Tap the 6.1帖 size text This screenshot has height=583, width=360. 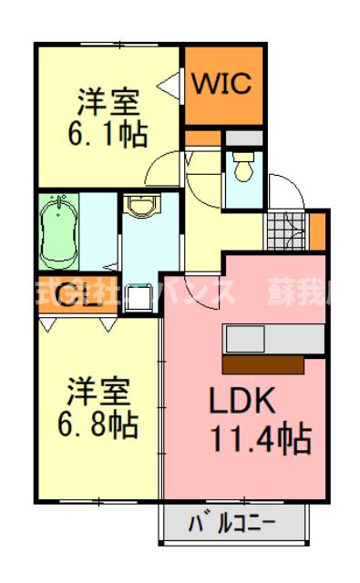pyautogui.click(x=108, y=135)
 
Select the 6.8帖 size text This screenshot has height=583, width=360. pyautogui.click(x=100, y=424)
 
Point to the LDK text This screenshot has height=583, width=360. pyautogui.click(x=243, y=403)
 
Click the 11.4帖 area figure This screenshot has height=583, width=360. pyautogui.click(x=261, y=440)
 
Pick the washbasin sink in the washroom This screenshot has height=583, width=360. pyautogui.click(x=141, y=207)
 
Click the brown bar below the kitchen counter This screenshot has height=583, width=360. pyautogui.click(x=262, y=364)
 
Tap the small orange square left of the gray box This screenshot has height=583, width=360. pyautogui.click(x=198, y=138)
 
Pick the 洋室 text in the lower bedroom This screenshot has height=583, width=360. pyautogui.click(x=100, y=390)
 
